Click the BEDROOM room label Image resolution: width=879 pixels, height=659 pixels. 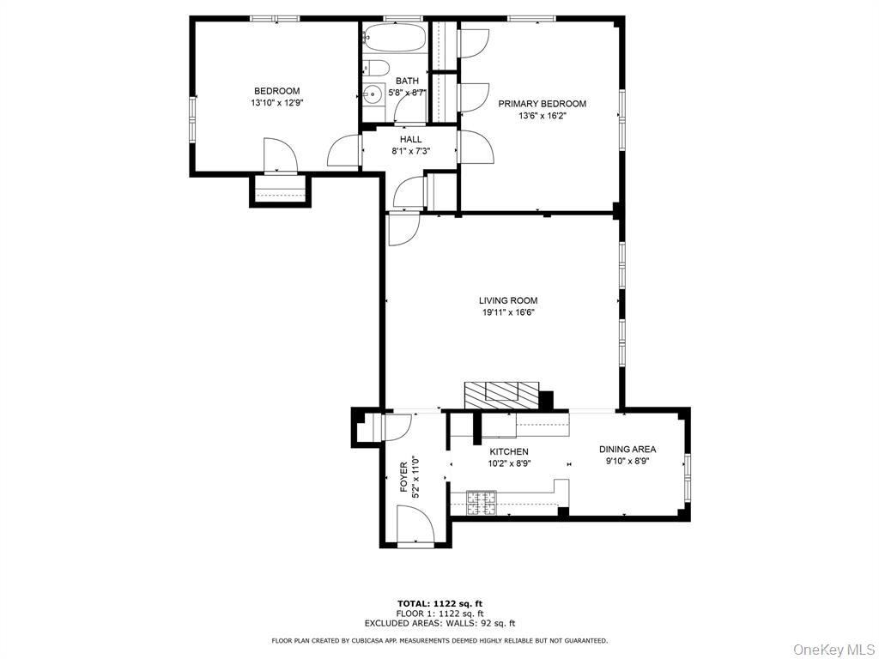tap(276, 91)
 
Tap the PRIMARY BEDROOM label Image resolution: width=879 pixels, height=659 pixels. tap(543, 104)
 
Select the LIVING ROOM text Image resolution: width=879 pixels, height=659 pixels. tap(508, 300)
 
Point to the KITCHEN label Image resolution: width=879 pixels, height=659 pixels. tap(509, 451)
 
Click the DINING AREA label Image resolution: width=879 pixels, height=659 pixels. tap(627, 449)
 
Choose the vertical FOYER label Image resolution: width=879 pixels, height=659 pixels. tap(403, 478)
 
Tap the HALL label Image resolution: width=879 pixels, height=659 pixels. tap(410, 139)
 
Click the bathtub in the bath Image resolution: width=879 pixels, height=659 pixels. tap(394, 38)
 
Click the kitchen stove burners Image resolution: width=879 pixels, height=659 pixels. tap(482, 503)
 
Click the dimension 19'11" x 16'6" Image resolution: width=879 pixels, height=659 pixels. tap(508, 313)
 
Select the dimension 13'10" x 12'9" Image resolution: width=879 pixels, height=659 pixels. tap(276, 103)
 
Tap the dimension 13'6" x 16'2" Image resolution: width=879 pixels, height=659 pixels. tap(543, 116)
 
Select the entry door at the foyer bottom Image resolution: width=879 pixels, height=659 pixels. tap(416, 525)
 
